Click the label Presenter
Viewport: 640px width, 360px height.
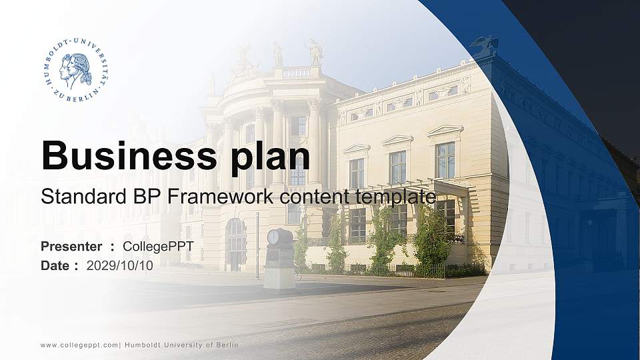coord(71,246)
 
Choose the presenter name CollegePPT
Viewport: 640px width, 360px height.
coord(158,246)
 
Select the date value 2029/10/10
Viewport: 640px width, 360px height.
coord(120,265)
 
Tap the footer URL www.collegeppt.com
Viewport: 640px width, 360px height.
coord(79,345)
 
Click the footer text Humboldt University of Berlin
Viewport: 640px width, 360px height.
coord(181,345)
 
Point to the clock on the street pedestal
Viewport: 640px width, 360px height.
coord(273,237)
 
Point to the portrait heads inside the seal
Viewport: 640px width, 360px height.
coord(75,70)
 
